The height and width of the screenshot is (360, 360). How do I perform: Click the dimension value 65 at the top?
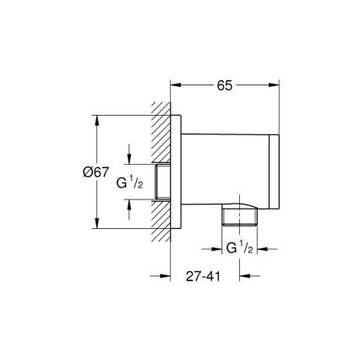pyautogui.click(x=226, y=84)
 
